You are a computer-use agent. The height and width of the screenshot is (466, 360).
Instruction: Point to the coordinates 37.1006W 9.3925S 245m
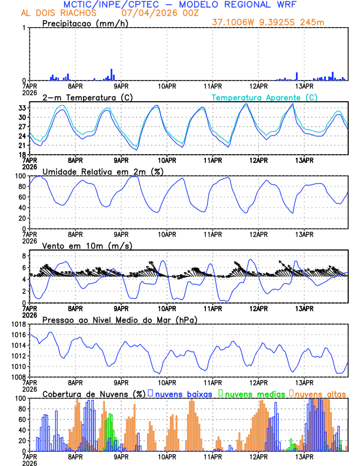pyautogui.click(x=269, y=22)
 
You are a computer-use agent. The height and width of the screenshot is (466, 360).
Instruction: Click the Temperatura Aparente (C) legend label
pyautogui.click(x=265, y=97)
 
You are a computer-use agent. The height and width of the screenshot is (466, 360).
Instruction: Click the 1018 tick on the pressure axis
pyautogui.click(x=18, y=324)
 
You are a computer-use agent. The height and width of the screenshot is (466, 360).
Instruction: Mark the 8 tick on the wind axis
pyautogui.click(x=24, y=256)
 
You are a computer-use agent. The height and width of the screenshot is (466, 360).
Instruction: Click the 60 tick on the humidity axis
pyautogui.click(x=22, y=197)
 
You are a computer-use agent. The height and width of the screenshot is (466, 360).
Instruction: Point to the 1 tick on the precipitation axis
pyautogui.click(x=24, y=28)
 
